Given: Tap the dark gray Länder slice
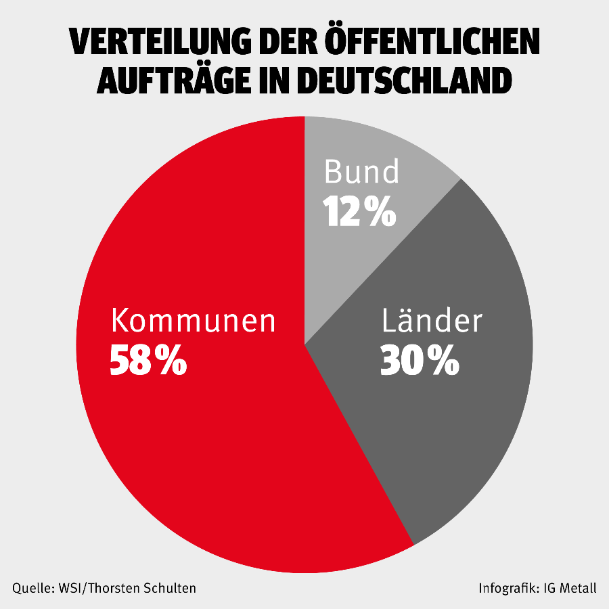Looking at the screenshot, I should [x=460, y=420].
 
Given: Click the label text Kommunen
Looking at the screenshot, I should [x=194, y=320].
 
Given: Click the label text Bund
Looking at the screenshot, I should [x=361, y=172].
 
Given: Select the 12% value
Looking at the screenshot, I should [x=359, y=212].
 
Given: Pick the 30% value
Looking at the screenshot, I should [x=420, y=361].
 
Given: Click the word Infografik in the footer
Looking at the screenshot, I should [x=506, y=588].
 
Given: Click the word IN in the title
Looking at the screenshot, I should [x=281, y=80].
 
